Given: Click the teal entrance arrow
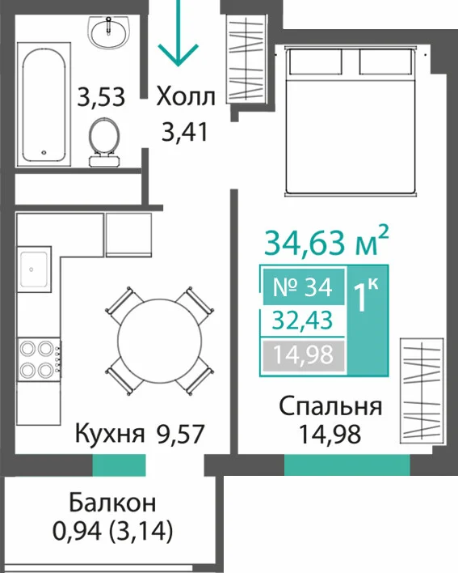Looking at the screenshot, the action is click(178, 33).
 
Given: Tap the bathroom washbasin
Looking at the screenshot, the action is click(108, 32).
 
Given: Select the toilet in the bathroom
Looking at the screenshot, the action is click(104, 142).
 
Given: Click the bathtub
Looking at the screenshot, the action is click(44, 104).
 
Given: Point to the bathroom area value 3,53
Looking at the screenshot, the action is click(101, 97).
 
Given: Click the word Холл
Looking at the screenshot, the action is click(186, 97).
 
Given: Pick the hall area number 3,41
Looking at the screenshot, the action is click(185, 132).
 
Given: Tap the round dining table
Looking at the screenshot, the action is click(160, 341).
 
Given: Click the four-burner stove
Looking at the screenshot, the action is click(40, 359).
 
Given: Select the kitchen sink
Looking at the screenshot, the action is click(34, 270).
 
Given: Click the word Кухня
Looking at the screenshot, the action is click(110, 434).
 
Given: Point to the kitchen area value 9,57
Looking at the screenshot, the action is click(180, 434).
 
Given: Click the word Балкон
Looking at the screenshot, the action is click(112, 503).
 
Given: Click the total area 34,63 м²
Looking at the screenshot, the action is click(326, 241).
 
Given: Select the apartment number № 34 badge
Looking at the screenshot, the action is click(303, 287).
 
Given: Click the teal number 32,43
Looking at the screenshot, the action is click(303, 320).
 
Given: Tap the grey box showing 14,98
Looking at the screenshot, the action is click(303, 354).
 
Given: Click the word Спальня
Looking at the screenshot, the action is click(330, 407).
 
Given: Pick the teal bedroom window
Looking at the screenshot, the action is click(347, 465).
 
